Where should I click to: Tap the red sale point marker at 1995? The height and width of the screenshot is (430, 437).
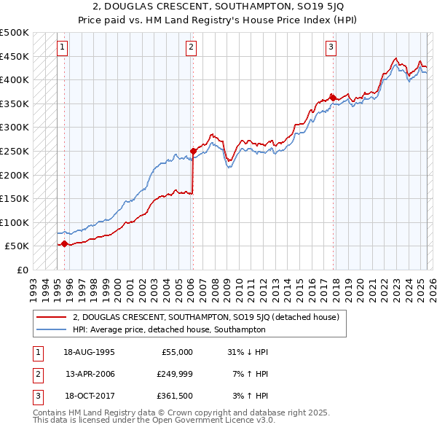coord(64,244)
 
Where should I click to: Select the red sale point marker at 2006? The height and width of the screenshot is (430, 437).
coord(193,151)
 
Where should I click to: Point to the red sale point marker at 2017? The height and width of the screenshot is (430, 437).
coord(333,98)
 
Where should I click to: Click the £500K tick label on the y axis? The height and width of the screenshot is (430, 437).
coord(15,33)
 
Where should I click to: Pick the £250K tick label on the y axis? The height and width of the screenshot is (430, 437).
coord(15,151)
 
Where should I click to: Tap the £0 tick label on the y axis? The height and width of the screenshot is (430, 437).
coord(23,270)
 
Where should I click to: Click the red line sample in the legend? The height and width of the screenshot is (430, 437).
coord(52,318)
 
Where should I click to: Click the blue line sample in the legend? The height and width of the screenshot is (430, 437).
coord(52,329)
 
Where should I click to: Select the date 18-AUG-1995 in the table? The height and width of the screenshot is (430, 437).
coord(90,351)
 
